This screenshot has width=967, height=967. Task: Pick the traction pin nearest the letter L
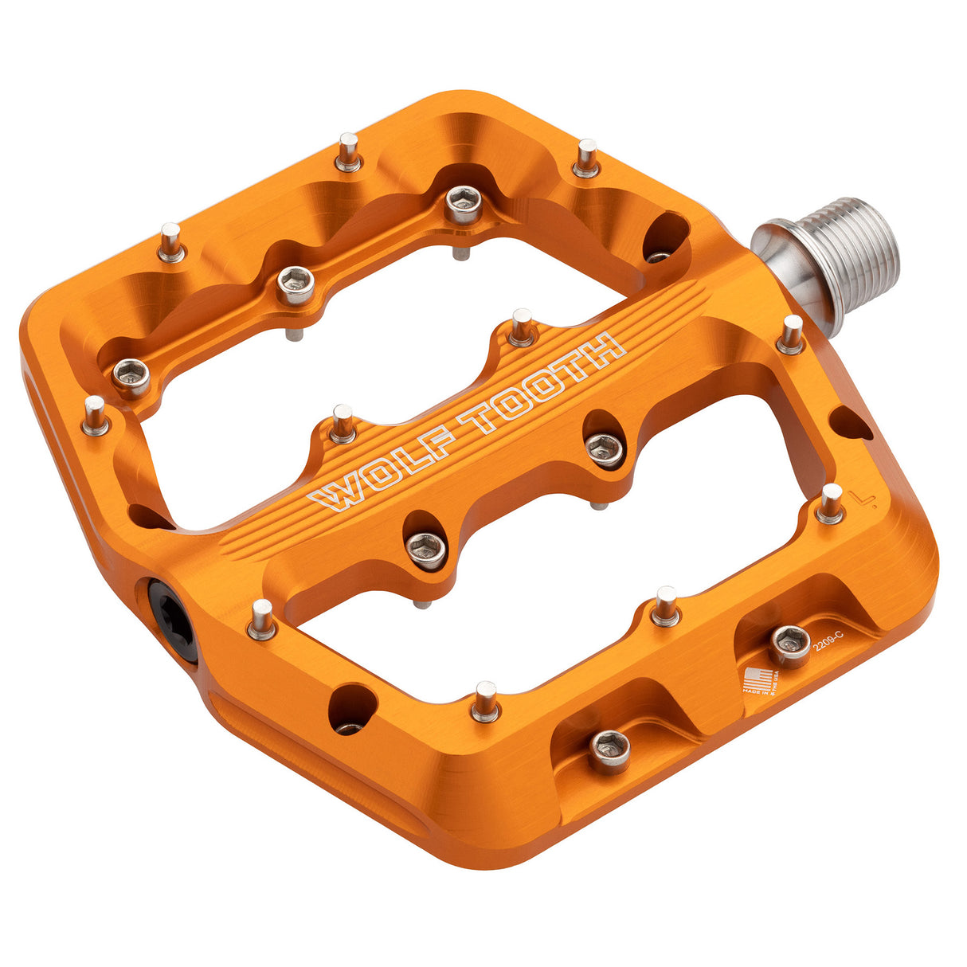[x=830, y=503]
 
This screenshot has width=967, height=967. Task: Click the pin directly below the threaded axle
[x=791, y=335]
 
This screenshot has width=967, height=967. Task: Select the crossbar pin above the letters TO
[x=522, y=327]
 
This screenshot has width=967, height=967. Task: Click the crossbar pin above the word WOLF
[x=343, y=423]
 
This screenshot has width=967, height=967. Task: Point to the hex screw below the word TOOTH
[x=605, y=449]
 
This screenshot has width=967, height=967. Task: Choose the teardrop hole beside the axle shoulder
[x=664, y=236]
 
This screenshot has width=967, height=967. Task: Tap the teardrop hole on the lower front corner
[x=351, y=704]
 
